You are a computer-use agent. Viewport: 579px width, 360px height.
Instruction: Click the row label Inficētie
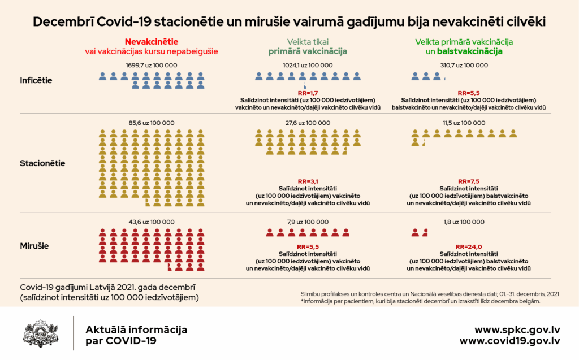pos(36,80)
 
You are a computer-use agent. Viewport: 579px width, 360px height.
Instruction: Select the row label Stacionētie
pos(42,163)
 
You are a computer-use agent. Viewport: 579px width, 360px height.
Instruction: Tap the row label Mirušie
pos(34,246)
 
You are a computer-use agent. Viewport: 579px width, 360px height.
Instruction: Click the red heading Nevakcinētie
pos(152,42)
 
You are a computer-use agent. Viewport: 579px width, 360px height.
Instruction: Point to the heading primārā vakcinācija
pos(307,51)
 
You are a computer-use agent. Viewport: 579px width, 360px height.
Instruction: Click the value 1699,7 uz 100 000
pos(152,66)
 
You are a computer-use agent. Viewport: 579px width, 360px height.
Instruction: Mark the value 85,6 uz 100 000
pos(152,123)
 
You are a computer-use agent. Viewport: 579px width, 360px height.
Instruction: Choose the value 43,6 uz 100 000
pos(152,222)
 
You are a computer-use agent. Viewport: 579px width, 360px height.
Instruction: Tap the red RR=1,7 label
pos(308,93)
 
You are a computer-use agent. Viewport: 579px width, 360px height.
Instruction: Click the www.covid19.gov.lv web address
pos(509,341)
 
